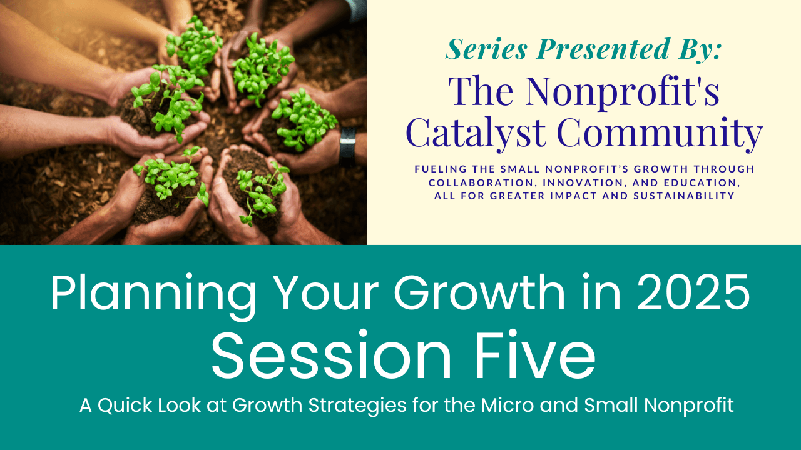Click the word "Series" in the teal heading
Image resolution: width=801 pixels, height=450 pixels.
(x=487, y=49)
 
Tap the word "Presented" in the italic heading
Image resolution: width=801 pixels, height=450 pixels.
(x=603, y=49)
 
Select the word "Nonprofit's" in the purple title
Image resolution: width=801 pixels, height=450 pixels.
(x=622, y=91)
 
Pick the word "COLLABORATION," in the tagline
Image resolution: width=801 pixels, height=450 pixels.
(x=482, y=183)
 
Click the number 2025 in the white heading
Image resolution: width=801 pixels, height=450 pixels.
(x=694, y=293)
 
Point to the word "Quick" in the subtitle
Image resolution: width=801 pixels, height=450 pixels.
(x=125, y=406)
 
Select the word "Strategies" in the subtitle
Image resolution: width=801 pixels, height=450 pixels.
(x=357, y=406)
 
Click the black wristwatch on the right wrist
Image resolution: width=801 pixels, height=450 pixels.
(x=347, y=146)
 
